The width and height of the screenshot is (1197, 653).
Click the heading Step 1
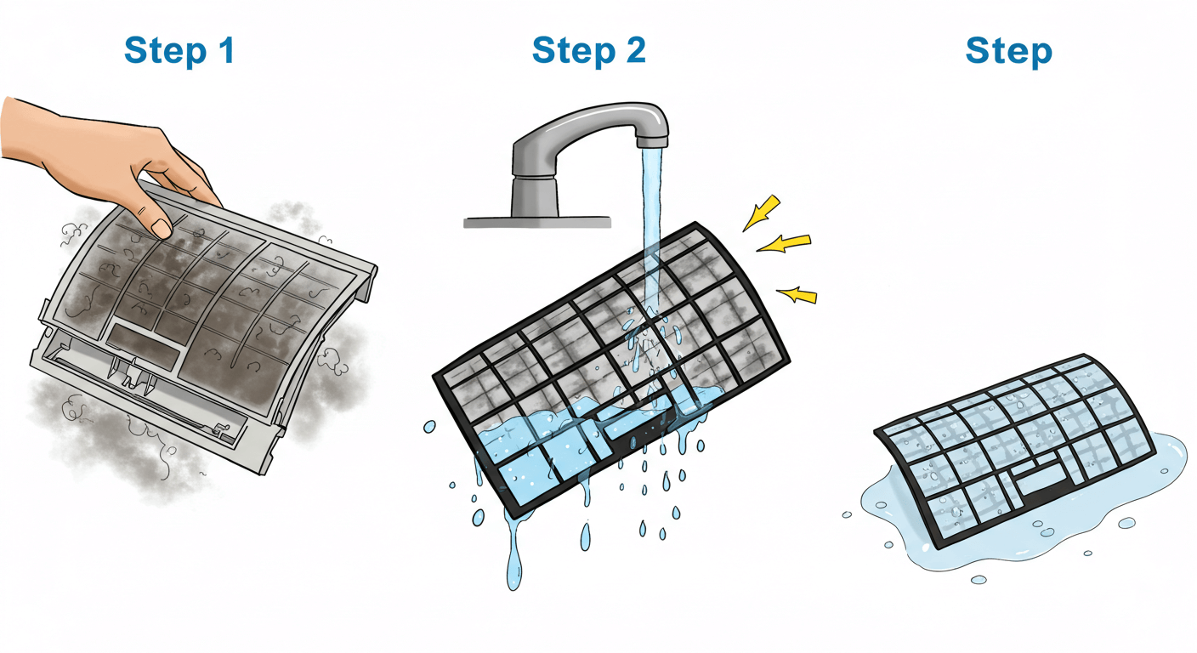pyautogui.click(x=179, y=51)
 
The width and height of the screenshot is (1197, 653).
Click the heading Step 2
pyautogui.click(x=589, y=51)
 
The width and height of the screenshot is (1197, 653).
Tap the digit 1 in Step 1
pyautogui.click(x=226, y=50)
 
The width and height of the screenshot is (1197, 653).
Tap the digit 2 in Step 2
pyautogui.click(x=636, y=50)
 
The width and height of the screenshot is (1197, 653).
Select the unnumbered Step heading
pyautogui.click(x=1009, y=52)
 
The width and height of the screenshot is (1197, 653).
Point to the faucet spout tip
pyautogui.click(x=652, y=142)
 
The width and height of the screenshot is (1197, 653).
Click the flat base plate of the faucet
pyautogui.click(x=537, y=222)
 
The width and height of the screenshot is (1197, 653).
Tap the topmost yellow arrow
pyautogui.click(x=763, y=213)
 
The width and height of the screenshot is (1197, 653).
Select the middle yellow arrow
pyautogui.click(x=785, y=243)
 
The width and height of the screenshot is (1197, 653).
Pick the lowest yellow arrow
pyautogui.click(x=797, y=295)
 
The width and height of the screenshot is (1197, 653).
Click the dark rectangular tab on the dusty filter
pyautogui.click(x=145, y=346)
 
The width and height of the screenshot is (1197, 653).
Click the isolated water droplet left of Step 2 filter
pyautogui.click(x=429, y=427)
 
